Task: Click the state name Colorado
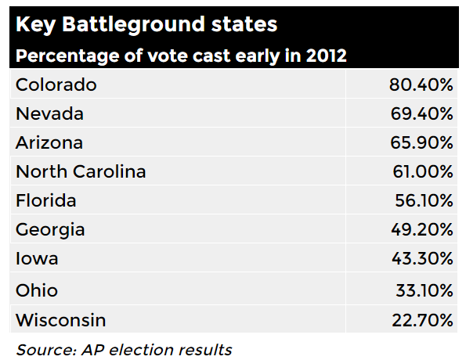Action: pyautogui.click(x=56, y=85)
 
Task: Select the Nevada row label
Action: pyautogui.click(x=49, y=114)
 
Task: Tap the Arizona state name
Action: pyautogui.click(x=49, y=143)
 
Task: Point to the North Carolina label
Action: pyautogui.click(x=81, y=172)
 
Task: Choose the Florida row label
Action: pyautogui.click(x=46, y=201)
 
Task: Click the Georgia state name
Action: pyautogui.click(x=50, y=231)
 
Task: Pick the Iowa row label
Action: pyautogui.click(x=37, y=260)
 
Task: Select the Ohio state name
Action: pyautogui.click(x=37, y=290)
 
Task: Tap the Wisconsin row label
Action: pyautogui.click(x=60, y=320)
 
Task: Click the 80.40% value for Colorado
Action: pyautogui.click(x=421, y=85)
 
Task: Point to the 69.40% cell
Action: pyautogui.click(x=421, y=114)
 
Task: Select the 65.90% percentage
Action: pyautogui.click(x=421, y=143)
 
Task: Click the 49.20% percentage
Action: pyautogui.click(x=421, y=231)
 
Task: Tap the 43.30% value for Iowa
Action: pyautogui.click(x=421, y=260)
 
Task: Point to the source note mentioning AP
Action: pyautogui.click(x=124, y=349)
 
